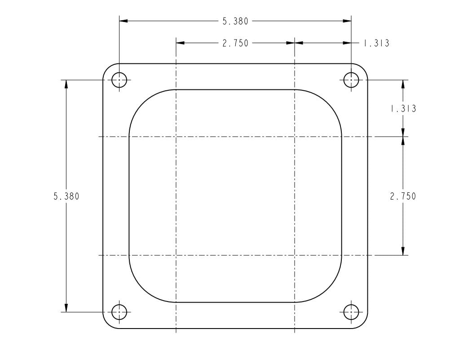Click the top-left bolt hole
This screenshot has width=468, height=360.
[x=119, y=80]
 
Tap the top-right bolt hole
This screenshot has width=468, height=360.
[x=351, y=80]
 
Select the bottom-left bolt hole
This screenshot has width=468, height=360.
[x=119, y=311]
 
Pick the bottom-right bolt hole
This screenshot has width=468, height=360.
[x=351, y=311]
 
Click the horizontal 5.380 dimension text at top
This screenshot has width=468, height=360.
[x=235, y=21]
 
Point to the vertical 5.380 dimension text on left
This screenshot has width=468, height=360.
[x=66, y=196]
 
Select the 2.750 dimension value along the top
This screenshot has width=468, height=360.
[x=235, y=43]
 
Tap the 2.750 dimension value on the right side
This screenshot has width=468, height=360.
[x=403, y=196]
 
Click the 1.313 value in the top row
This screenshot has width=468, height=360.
[x=376, y=43]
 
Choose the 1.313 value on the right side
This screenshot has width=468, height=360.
[x=403, y=109]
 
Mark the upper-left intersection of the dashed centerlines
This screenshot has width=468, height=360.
[x=176, y=136]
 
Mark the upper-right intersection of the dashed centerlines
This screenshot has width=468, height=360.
[x=294, y=136]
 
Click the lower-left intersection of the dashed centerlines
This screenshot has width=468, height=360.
[x=176, y=255]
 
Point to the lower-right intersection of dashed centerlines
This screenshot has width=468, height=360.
[x=294, y=255]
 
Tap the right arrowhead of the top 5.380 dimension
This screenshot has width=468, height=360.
[x=347, y=21]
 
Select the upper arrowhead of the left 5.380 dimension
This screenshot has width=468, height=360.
[x=66, y=84]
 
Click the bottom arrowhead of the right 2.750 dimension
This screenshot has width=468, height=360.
[x=403, y=251]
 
